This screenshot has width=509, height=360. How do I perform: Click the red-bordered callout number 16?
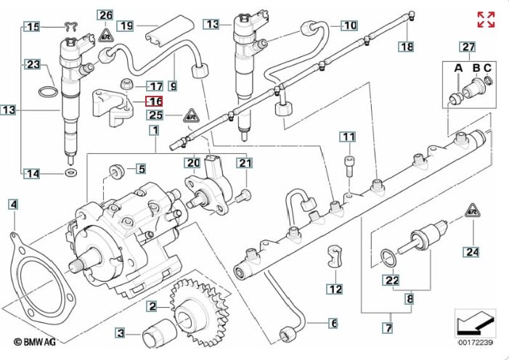tap(155, 102)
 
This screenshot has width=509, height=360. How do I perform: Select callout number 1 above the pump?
tap(153, 131)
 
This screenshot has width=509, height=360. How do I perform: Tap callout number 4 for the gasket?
tap(13, 205)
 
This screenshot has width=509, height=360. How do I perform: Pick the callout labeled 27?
tap(468, 49)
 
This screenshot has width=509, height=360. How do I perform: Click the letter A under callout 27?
tap(458, 69)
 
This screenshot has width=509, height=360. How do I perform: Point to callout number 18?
tap(407, 47)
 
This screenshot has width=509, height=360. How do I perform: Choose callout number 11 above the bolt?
tap(349, 137)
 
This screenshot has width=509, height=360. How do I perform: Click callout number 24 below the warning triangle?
tap(473, 253)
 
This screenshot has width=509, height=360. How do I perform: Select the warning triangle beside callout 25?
tap(191, 113)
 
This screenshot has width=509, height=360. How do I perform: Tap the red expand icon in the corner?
tap(486, 20)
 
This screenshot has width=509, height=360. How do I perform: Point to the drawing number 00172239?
tap(476, 342)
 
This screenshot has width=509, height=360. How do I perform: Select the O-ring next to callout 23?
tap(47, 92)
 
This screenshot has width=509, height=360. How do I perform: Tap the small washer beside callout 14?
tap(71, 173)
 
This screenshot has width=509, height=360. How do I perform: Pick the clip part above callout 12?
tap(335, 254)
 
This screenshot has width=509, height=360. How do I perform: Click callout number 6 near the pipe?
tap(333, 323)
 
